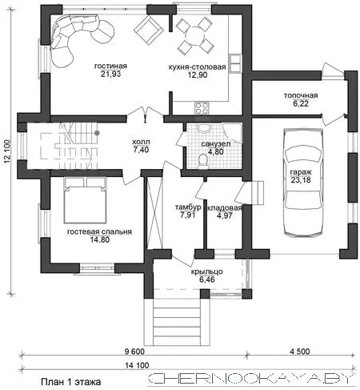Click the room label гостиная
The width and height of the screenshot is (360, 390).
click(110, 66)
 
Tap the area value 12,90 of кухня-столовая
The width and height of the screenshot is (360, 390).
click(198, 75)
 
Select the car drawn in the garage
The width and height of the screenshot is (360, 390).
click(303, 183)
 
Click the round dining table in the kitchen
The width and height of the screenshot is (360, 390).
click(195, 34)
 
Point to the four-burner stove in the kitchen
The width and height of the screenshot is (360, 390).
click(202, 108)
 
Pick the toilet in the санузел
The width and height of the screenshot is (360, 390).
click(203, 163)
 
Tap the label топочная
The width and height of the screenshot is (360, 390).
click(301, 95)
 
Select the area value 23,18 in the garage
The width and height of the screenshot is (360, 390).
click(301, 180)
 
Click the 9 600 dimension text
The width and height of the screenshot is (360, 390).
click(134, 352)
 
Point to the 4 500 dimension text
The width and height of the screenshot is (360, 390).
click(300, 352)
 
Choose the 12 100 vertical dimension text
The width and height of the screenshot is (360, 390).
click(7, 151)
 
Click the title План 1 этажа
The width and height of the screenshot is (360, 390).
click(71, 382)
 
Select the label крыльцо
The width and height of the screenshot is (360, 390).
click(207, 272)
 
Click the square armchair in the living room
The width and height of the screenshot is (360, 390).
click(148, 30)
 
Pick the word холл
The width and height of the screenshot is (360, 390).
click(141, 142)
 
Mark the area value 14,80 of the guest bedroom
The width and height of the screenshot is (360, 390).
click(100, 239)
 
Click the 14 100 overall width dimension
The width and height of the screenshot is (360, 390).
click(137, 365)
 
